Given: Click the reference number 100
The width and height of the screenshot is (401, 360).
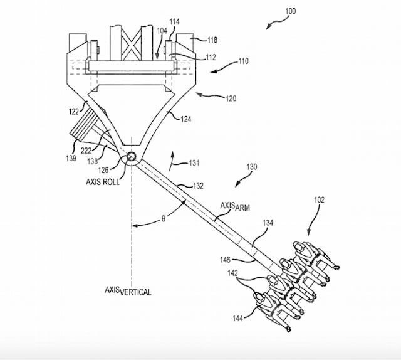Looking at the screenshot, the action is pos(291,11).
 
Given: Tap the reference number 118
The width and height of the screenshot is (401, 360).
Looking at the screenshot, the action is pos(212,40).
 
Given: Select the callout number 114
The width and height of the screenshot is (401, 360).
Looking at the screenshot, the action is pos(174,22).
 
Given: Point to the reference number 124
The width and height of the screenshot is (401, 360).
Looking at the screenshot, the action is pos(186,119).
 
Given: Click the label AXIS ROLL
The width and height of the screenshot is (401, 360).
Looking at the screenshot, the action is pos(103,182).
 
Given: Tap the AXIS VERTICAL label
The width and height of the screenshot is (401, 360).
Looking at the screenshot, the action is pos(128,291).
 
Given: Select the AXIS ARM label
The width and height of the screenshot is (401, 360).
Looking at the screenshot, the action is pos(235,206).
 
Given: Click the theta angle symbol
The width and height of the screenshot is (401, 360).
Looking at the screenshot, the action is pos(164,219).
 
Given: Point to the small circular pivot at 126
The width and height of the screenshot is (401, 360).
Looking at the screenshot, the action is pos(132,156).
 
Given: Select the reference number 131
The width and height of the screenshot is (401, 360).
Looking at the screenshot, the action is pos(194,163).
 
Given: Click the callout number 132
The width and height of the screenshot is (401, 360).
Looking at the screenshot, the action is pos(198,186).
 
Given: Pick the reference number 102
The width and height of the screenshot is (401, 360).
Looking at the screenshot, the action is pos(319,199).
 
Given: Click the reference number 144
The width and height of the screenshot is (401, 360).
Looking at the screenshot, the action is pos(237,318).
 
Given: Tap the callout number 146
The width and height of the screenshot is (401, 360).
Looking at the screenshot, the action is pos(225,260).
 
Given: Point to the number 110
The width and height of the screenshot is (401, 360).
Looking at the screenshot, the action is pos(244,61).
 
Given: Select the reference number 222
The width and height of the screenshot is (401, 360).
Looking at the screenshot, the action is pos(86,151).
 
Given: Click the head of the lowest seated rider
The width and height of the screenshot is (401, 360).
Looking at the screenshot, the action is pos(259,297).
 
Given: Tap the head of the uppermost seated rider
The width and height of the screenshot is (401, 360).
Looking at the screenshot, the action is pos(298,247).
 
